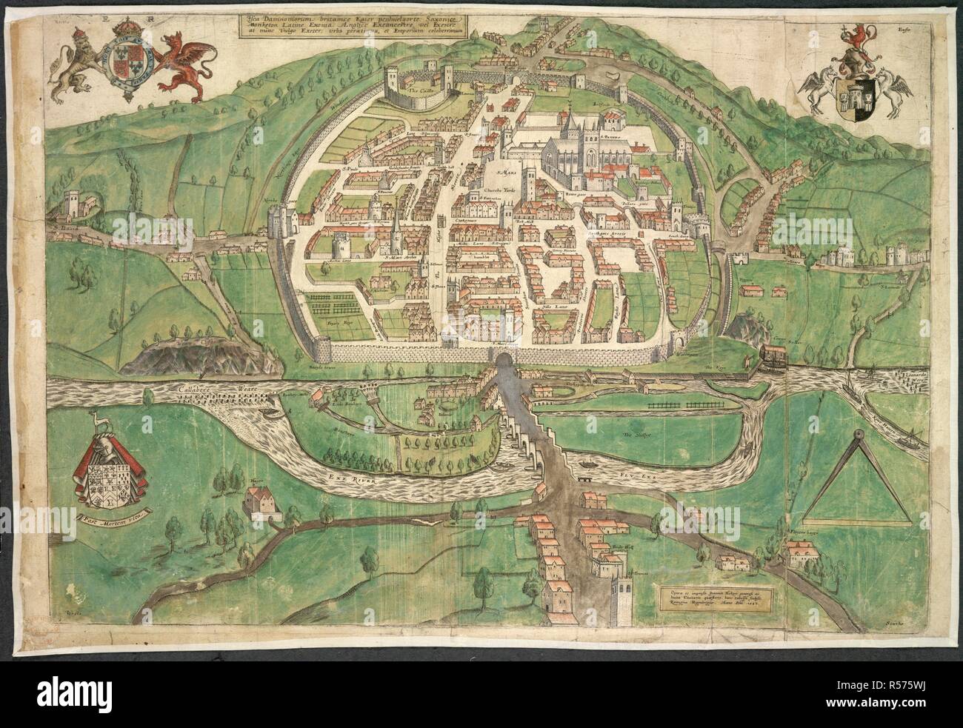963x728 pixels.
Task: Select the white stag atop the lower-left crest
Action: coord(95,423)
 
